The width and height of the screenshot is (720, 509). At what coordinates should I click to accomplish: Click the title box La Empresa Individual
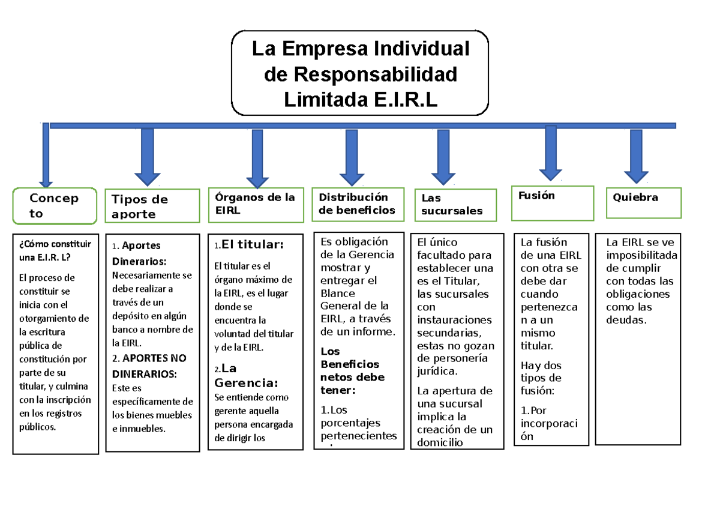360,73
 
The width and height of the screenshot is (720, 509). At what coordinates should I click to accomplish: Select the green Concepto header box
55,206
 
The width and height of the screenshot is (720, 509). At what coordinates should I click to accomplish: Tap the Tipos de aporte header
152,206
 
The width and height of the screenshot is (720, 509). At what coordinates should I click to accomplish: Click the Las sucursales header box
455,205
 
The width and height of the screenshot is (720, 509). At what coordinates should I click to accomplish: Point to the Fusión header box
552,203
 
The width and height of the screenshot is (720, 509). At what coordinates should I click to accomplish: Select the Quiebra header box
647,202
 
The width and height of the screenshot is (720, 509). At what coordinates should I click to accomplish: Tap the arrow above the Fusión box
550,152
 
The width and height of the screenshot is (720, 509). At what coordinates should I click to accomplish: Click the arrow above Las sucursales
443,157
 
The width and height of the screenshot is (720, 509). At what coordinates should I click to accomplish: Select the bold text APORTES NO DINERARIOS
149,366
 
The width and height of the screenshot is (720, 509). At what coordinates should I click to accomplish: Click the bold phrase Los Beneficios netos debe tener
353,370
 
